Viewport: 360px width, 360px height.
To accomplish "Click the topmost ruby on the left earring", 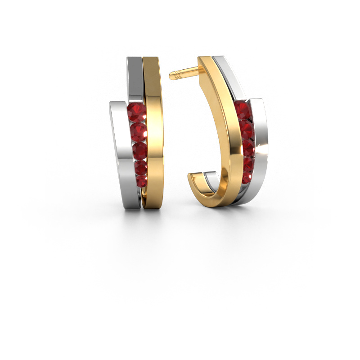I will tap(136, 112).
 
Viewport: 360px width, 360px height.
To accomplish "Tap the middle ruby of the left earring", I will tap(139, 150).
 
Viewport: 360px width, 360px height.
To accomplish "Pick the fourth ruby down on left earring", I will tap(140, 167).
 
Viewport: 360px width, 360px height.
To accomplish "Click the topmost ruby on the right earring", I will tap(242, 110).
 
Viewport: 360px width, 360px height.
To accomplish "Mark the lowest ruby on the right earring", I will tap(247, 177).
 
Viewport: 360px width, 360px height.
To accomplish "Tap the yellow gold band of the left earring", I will tap(153, 135).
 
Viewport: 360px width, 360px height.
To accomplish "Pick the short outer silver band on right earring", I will tap(260, 148).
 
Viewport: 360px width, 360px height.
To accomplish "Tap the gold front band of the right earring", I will tap(227, 135).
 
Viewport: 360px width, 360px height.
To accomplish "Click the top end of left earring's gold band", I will tap(151, 60).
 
